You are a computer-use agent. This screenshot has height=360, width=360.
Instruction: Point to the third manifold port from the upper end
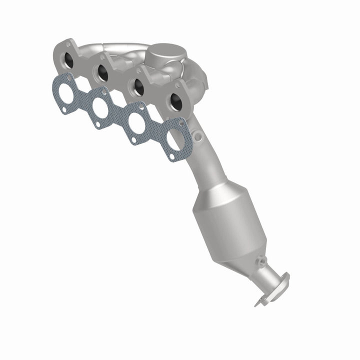(138, 87)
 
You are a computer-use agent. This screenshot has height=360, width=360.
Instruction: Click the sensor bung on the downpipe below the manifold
(199, 135)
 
